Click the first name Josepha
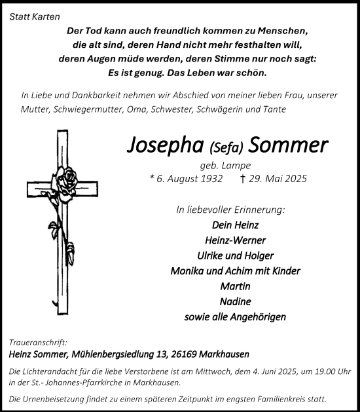[x=167, y=145]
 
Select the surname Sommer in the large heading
[x=289, y=145]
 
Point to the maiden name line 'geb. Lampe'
[x=225, y=166]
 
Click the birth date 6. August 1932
[x=186, y=179]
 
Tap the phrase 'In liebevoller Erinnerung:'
[x=230, y=210]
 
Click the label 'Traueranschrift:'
[x=38, y=343]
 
